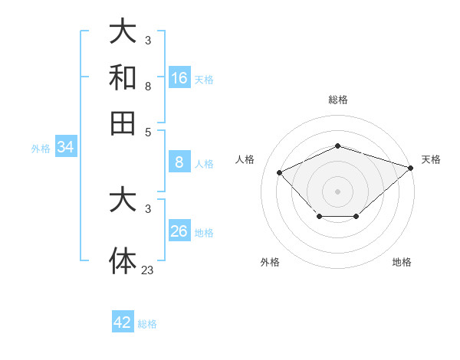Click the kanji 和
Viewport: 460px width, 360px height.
tap(123, 77)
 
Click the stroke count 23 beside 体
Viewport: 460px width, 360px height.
tap(148, 269)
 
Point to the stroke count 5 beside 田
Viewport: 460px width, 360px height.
tap(148, 132)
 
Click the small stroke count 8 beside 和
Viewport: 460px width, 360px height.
tap(148, 87)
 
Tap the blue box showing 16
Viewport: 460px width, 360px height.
tap(179, 78)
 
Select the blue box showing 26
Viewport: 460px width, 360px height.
tap(179, 232)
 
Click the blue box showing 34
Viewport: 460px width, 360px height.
tap(65, 147)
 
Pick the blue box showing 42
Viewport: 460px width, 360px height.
tap(123, 322)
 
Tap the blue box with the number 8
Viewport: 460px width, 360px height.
tap(179, 162)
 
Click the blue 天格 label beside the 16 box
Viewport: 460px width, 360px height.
tap(204, 79)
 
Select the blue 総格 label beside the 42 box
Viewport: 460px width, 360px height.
tap(147, 323)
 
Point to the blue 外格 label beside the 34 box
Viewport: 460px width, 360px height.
tap(41, 148)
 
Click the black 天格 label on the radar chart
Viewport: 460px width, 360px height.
tap(431, 159)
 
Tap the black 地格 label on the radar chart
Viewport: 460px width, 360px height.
tap(402, 262)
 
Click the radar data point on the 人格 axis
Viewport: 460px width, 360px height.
tap(280, 172)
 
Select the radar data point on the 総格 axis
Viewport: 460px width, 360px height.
tap(337, 146)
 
